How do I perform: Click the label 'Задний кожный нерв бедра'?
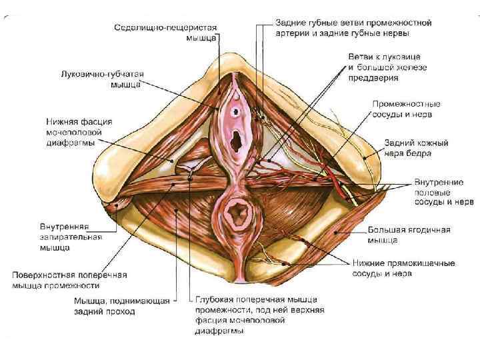[x=416, y=148]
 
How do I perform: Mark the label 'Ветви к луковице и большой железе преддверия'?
[x=387, y=67]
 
